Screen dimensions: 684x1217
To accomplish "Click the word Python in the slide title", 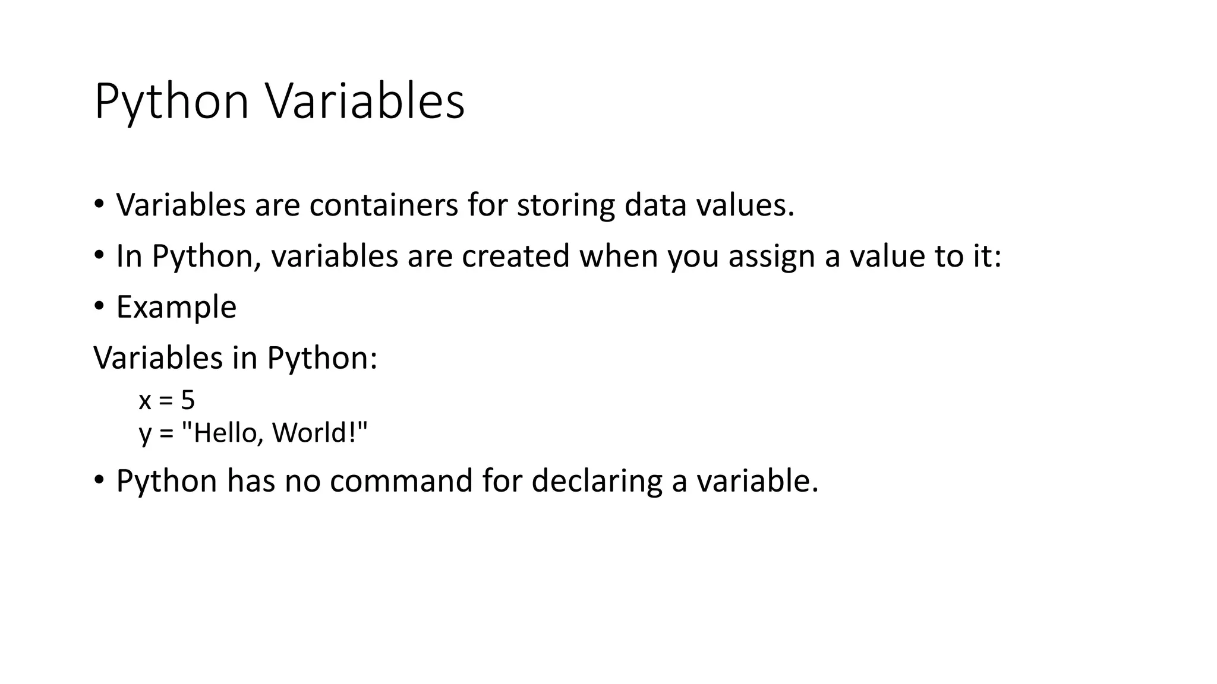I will point(171,102).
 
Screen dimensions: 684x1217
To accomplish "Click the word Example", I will point(176,308).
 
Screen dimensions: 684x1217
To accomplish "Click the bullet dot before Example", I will point(99,306).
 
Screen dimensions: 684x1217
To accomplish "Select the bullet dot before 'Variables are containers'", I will point(99,204).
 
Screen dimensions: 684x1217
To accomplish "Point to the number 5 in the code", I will point(188,400).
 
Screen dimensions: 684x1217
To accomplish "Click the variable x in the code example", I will point(145,401).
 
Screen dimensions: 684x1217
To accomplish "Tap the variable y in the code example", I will point(145,433).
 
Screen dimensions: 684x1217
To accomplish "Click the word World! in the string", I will point(320,432).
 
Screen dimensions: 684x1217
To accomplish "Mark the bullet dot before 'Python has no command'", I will point(99,480).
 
